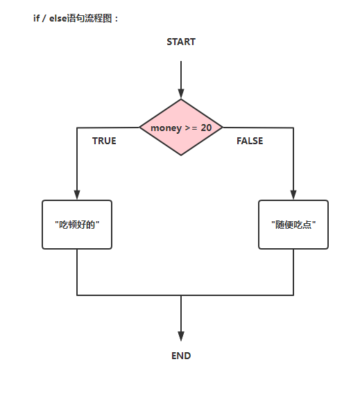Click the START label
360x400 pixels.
point(181,42)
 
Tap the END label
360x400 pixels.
point(181,356)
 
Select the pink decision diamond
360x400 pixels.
point(181,128)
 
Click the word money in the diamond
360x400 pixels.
point(166,128)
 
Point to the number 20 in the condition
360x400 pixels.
point(206,128)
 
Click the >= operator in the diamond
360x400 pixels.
point(191,128)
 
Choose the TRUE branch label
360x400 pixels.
point(104,141)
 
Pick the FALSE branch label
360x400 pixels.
point(250,141)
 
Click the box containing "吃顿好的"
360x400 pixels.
point(77,225)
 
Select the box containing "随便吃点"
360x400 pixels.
point(293,225)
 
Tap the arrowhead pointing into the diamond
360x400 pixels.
point(181,94)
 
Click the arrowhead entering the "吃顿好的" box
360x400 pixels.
point(77,195)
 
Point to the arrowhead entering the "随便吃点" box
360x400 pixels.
point(293,195)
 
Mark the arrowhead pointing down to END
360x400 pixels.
point(181,336)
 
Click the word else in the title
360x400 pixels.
point(58,18)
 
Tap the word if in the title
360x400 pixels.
point(36,18)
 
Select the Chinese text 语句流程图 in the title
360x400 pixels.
point(89,18)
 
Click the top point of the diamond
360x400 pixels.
point(181,99)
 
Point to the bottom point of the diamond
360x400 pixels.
point(181,155)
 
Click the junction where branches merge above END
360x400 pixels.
point(181,295)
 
